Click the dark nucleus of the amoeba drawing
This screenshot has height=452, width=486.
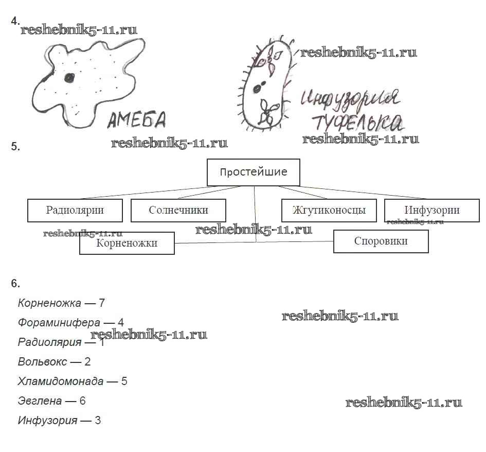point(68,78)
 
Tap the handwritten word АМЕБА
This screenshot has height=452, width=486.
point(137,120)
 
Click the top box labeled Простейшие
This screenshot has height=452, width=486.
point(253,172)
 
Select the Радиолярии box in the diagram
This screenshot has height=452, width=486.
point(75,210)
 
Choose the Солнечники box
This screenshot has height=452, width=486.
point(178,210)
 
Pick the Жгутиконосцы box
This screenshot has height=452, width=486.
point(329,210)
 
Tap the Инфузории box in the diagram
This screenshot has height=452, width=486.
point(431,210)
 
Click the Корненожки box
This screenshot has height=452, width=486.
point(127,243)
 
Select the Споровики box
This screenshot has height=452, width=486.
point(381,241)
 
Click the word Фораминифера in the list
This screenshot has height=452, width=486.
point(59,323)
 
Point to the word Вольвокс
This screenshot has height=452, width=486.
point(42,362)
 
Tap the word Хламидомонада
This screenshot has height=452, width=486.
point(61,381)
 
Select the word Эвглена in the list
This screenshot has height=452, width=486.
point(40,401)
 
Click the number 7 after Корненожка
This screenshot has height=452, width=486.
point(102,303)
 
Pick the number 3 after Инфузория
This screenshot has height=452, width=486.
point(98,421)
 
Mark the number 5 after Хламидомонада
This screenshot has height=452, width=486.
point(124,381)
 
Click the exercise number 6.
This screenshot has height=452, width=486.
point(15,283)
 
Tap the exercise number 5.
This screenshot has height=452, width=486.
point(15,147)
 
